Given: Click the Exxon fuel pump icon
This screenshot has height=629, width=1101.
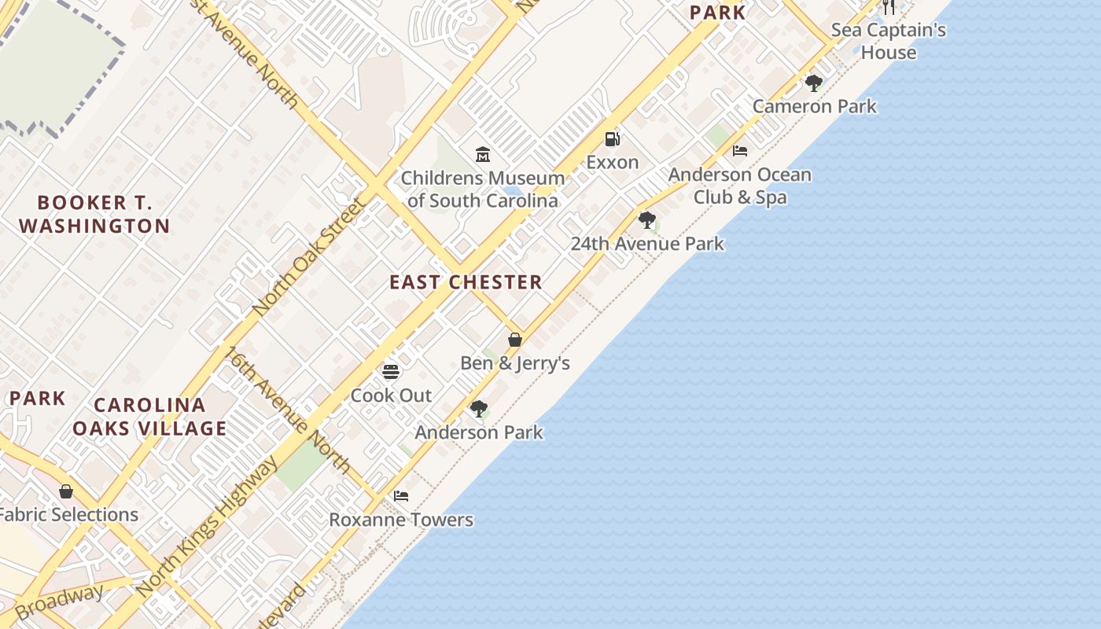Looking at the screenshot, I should click(x=612, y=139).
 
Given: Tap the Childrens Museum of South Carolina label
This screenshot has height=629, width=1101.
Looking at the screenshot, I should click(x=483, y=189).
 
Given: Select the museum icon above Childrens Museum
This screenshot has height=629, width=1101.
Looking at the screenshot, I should click(x=483, y=154).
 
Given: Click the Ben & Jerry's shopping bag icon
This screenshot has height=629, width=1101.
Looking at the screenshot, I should click(x=515, y=340).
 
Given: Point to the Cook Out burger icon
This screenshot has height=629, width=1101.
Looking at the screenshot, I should click(x=391, y=371).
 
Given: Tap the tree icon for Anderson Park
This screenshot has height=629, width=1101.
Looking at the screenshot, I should click(x=478, y=409).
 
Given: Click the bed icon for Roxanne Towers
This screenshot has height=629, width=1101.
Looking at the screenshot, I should click(x=401, y=496).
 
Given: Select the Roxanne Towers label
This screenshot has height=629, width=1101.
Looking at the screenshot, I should click(x=401, y=520).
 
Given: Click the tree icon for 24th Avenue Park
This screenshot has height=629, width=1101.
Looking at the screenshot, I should click(x=647, y=220).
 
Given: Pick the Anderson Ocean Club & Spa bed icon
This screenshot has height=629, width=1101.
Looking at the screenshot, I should click(x=740, y=150).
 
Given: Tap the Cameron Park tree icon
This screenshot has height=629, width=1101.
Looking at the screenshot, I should click(x=814, y=83).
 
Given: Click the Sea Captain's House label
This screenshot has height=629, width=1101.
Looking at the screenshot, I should click(x=889, y=41).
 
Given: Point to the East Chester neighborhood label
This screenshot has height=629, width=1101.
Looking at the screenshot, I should click(x=466, y=282).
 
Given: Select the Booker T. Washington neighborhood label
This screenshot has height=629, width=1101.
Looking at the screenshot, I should click(x=94, y=215).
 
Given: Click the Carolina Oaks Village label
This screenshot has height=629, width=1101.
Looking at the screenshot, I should click(x=149, y=417).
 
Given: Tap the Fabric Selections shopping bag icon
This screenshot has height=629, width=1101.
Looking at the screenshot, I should click(x=66, y=491).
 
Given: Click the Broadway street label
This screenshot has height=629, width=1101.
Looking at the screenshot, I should click(x=59, y=601).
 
